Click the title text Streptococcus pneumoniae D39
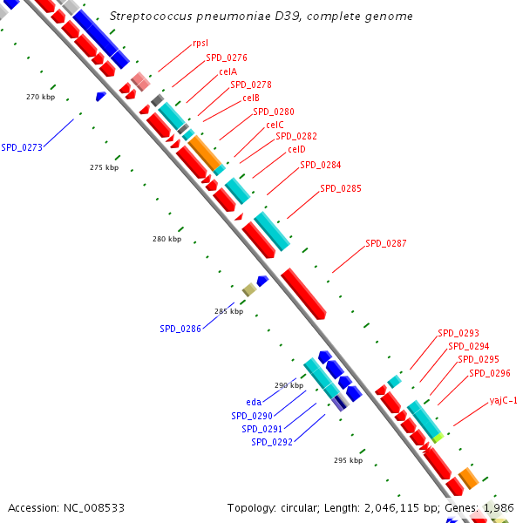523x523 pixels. pos(261,17)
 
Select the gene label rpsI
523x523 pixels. pos(200,44)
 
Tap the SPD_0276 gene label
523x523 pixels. pos(227,58)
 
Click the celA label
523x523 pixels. pos(228,71)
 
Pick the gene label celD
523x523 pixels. pos(296,150)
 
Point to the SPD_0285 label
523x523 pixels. pos(341,188)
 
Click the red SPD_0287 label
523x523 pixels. pos(386,244)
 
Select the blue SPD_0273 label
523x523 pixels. pos(22,147)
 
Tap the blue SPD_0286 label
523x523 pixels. pos(180,329)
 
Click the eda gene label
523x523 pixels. pos(254,402)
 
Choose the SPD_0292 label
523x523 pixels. pos(272,442)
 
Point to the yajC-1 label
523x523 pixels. pos(504,401)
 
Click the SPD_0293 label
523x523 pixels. pos(458,333)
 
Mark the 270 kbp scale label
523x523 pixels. pos(40,97)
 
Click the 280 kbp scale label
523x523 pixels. pos(166,239)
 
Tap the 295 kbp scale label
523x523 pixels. pos(348,460)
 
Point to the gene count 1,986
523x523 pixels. pos(499,507)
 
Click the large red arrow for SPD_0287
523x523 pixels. pos(303,293)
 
